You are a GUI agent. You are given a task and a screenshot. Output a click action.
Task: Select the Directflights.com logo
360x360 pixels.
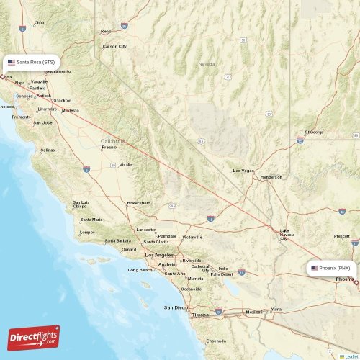[x=34, y=338]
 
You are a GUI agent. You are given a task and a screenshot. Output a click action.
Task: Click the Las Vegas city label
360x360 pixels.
[x=243, y=171]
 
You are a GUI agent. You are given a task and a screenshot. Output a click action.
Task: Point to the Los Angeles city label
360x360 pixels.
[x=159, y=255]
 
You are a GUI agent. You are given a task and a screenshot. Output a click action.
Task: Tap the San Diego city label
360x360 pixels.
[x=176, y=307]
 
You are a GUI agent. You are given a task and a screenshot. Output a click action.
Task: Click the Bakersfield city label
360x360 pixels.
[x=138, y=203]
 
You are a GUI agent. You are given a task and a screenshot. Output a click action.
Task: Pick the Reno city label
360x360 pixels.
[x=107, y=31]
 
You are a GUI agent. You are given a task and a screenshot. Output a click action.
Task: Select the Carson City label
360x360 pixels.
[x=114, y=46]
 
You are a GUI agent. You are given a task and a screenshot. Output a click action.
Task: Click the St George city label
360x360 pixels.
[x=314, y=132]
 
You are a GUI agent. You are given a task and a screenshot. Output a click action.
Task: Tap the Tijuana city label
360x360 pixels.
[x=199, y=315]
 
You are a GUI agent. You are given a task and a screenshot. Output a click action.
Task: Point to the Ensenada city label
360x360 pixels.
[x=216, y=341]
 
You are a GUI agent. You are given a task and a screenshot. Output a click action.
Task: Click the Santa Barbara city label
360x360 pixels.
[x=117, y=241]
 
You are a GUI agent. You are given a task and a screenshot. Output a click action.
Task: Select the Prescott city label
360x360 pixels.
[x=342, y=236]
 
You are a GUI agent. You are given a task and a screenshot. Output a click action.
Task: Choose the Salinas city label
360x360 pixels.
[x=48, y=150]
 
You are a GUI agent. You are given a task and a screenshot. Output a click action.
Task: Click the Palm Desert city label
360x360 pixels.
[x=222, y=274]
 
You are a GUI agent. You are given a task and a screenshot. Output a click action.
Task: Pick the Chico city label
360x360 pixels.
[x=40, y=23]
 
